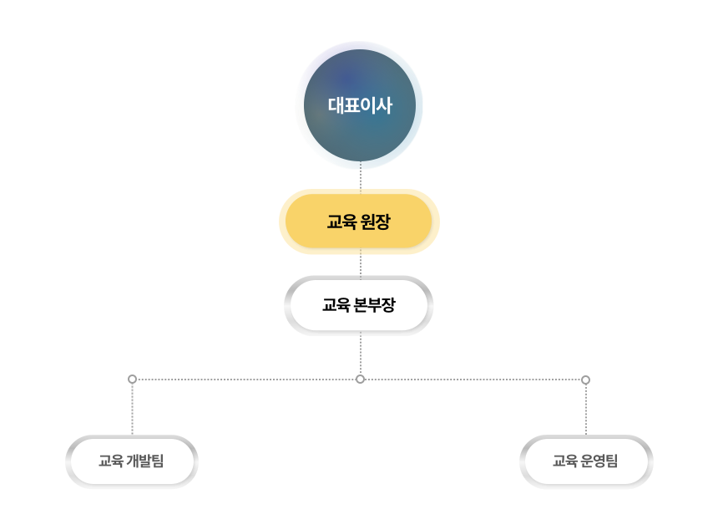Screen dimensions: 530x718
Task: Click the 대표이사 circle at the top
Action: click(359, 105)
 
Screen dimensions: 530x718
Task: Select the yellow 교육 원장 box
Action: click(359, 222)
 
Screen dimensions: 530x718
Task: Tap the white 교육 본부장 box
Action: click(359, 305)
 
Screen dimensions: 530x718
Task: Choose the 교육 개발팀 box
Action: click(132, 461)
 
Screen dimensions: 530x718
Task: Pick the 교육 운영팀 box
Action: click(586, 461)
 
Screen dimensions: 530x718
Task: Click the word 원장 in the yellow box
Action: click(375, 222)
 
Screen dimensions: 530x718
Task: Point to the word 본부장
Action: click(375, 305)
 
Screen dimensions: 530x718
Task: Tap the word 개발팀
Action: click(146, 461)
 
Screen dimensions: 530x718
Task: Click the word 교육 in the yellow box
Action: click(341, 222)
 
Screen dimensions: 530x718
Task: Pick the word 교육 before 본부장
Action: click(336, 305)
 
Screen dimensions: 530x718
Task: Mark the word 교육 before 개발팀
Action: click(110, 461)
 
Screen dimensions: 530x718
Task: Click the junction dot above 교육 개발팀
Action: click(132, 380)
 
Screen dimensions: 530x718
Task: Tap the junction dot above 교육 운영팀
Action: click(585, 380)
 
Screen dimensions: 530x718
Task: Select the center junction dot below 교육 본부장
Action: click(360, 380)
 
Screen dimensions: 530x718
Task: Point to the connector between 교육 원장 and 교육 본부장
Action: click(360, 265)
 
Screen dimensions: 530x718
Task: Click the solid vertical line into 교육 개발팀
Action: click(132, 410)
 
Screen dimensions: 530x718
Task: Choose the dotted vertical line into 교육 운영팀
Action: click(585, 410)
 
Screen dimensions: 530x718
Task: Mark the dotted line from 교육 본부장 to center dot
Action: click(360, 354)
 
